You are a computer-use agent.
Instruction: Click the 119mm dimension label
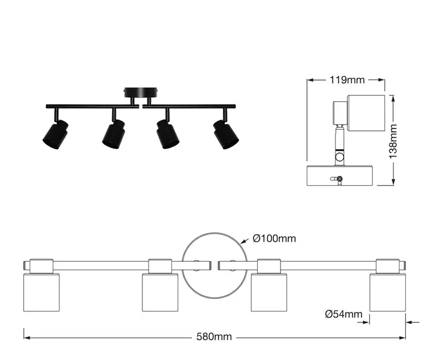[x=347, y=80]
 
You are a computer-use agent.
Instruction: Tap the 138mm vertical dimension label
[x=393, y=141]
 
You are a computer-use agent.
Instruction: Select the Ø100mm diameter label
[x=274, y=238]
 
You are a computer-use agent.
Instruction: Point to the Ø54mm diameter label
[x=343, y=314]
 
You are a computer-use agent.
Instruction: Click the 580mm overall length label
[x=214, y=337]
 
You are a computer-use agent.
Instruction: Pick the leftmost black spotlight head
[x=55, y=134]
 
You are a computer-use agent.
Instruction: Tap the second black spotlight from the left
[x=114, y=134]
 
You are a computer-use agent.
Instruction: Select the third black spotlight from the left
[x=167, y=134]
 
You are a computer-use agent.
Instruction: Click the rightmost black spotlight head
[x=226, y=134]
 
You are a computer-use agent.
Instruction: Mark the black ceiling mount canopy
[x=141, y=93]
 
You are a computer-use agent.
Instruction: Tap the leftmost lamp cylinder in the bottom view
[x=42, y=292]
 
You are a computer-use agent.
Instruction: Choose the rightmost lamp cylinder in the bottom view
[x=387, y=292]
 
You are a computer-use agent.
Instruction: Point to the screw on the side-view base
[x=339, y=179]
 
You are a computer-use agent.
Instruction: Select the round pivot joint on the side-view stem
[x=340, y=157]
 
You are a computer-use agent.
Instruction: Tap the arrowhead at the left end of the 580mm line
[x=27, y=338]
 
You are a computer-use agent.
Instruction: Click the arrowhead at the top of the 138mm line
[x=393, y=98]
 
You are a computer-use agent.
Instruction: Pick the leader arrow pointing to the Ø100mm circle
[x=245, y=241]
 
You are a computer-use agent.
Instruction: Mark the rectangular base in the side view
[x=339, y=175]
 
